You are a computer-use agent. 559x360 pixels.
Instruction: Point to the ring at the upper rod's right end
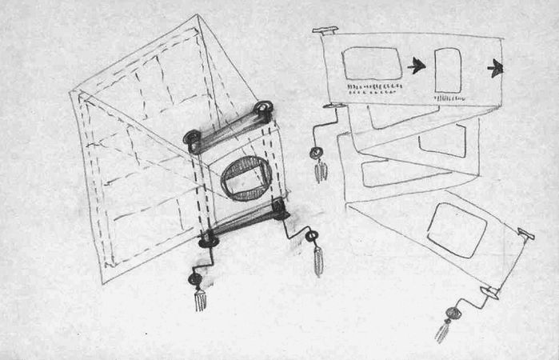[x=263, y=109]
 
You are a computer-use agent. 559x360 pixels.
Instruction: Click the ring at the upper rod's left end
[x=192, y=138]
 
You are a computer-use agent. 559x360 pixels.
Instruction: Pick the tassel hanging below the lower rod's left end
[x=199, y=300]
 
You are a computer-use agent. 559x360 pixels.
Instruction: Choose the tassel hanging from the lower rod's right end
[x=317, y=261]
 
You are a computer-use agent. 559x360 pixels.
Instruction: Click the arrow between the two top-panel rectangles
[x=416, y=66]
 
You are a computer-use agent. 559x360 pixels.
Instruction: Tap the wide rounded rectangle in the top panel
[x=372, y=63]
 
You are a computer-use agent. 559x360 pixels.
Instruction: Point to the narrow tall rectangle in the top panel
[x=448, y=70]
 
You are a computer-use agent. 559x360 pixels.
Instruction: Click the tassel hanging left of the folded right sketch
[x=321, y=171]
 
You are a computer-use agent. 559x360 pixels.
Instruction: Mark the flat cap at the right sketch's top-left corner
[x=325, y=30]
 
